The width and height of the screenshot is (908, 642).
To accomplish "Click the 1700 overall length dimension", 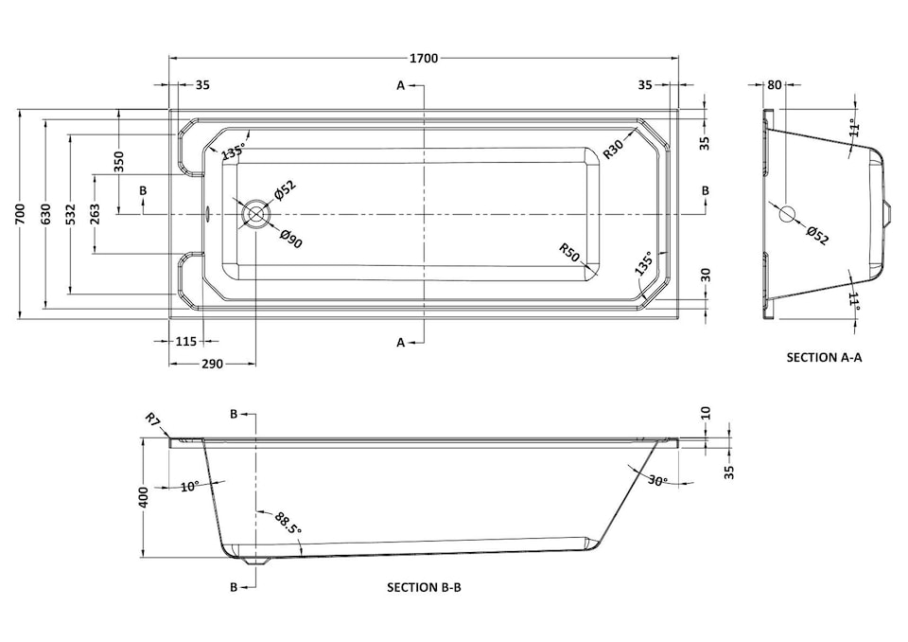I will (425, 59).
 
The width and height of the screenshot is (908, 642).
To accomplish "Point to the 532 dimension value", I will (71, 215).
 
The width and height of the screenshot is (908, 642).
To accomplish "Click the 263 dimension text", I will (95, 215).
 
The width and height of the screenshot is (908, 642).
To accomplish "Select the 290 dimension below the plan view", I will (211, 364).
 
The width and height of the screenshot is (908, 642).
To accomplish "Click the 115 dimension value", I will (185, 342).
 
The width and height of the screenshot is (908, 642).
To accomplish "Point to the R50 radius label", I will (568, 252).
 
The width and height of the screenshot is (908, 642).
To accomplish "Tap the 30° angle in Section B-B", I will (659, 481).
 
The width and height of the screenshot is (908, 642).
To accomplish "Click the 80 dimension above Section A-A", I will (774, 84).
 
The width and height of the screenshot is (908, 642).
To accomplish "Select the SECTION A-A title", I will (825, 358).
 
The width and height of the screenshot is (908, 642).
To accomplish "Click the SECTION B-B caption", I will (424, 587).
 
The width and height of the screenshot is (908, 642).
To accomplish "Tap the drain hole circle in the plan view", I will (255, 214).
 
